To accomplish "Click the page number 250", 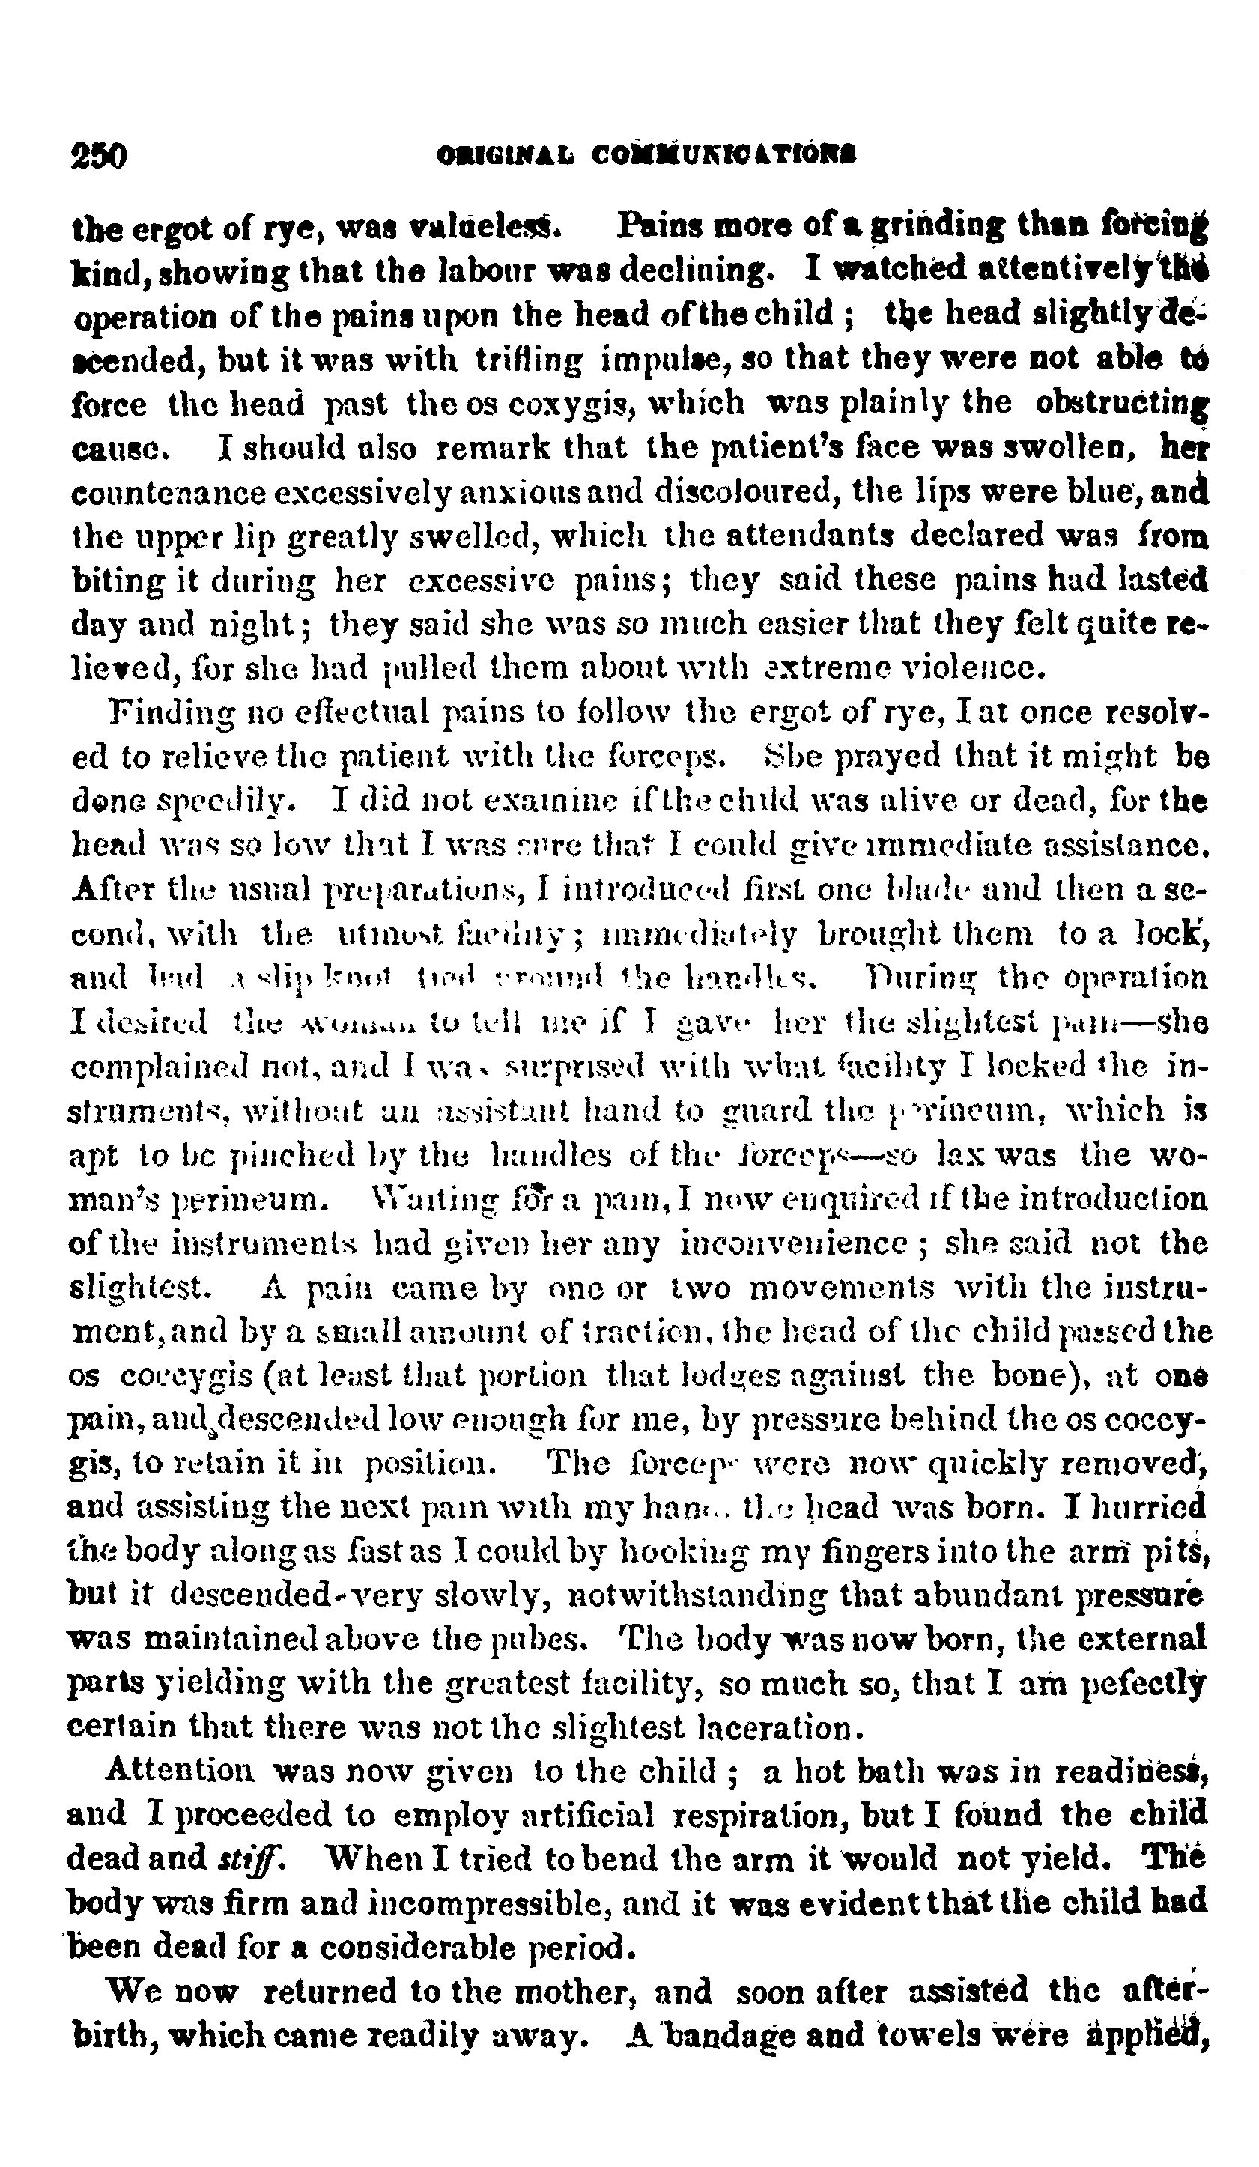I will [99, 156].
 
